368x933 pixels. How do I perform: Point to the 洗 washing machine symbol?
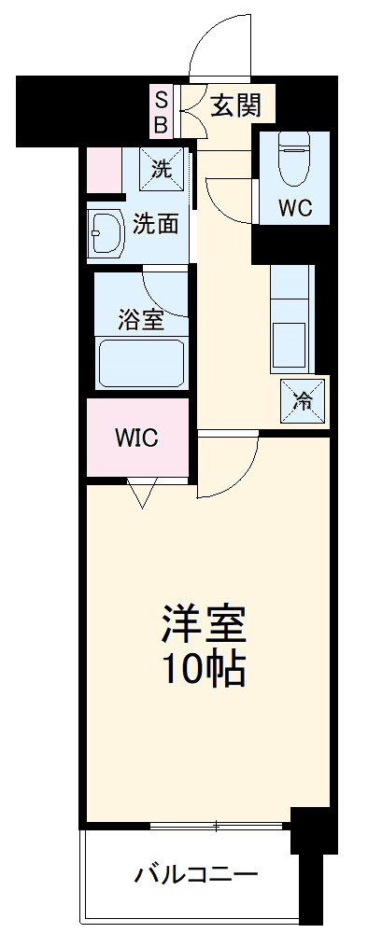pyautogui.click(x=163, y=169)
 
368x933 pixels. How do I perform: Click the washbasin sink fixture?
pyautogui.click(x=106, y=233)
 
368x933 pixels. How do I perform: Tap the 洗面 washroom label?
pyautogui.click(x=155, y=224)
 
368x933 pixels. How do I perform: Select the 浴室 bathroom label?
pyautogui.click(x=141, y=320)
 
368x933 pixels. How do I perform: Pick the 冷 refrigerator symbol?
pyautogui.click(x=304, y=401)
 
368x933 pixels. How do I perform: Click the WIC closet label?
pyautogui.click(x=136, y=437)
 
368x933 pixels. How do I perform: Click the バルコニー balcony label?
pyautogui.click(x=195, y=875)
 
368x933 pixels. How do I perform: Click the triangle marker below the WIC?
pyautogui.click(x=142, y=494)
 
